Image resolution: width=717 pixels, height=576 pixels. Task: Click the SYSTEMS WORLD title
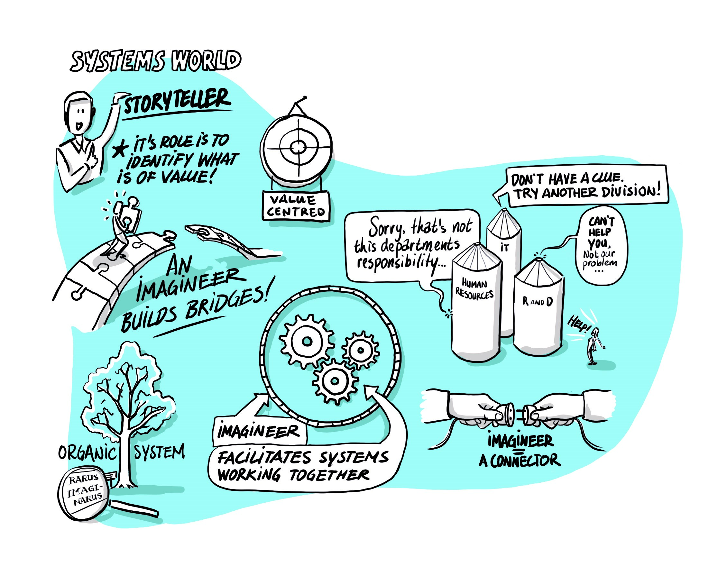pos(155,61)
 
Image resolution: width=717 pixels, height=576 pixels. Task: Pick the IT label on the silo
pos(505,247)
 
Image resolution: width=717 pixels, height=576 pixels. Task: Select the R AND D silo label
pos(538,302)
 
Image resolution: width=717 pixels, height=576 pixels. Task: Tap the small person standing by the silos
pos(593,346)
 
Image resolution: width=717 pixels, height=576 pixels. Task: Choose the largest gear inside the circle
pos(307,341)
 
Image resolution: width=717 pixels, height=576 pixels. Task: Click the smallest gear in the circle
pos(361,350)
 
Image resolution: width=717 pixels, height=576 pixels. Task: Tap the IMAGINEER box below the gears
pos(259,431)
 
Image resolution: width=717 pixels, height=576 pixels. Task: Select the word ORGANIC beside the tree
pos(87,453)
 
